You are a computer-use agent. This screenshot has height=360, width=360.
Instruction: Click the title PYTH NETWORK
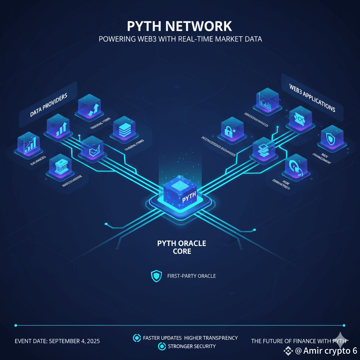point(180,26)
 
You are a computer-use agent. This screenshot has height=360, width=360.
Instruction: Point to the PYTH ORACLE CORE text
point(182,247)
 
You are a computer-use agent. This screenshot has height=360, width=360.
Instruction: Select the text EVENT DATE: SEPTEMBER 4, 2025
point(57,341)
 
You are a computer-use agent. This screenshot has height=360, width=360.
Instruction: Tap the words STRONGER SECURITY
point(192,346)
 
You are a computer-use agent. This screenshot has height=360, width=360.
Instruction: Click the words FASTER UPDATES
point(162,338)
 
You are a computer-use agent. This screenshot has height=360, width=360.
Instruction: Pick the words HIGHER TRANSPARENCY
point(211,338)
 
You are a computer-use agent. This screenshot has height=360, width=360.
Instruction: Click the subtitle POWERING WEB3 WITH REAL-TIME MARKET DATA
point(180,39)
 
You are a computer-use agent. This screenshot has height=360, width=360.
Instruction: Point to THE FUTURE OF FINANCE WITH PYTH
point(299,341)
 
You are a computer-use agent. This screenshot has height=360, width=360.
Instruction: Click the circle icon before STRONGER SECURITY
point(162,346)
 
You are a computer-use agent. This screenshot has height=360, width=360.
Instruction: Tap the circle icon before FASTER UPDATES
point(136,338)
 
